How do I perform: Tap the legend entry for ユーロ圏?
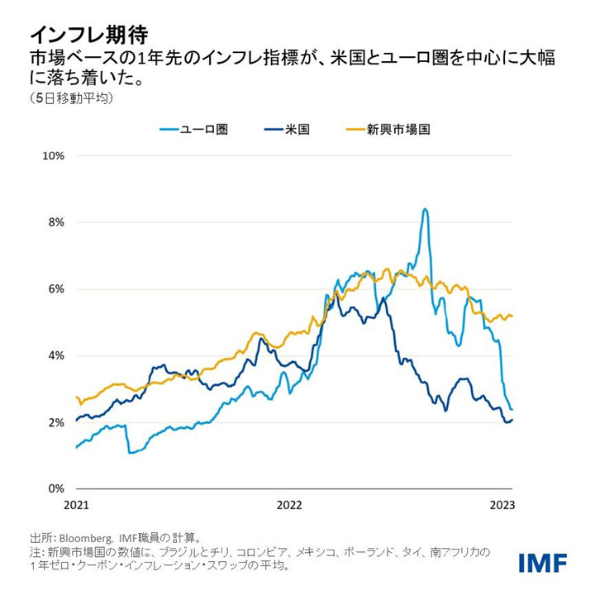(203, 129)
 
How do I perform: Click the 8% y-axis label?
(55, 222)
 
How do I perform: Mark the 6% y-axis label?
(55, 289)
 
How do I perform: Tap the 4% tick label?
(55, 355)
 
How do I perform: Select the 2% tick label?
(55, 422)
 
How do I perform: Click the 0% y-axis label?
(55, 489)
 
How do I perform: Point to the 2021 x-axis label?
(75, 504)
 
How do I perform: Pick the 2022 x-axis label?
(289, 504)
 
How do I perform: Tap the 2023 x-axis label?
(502, 504)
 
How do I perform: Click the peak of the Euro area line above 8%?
(424, 209)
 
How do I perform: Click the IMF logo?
(542, 563)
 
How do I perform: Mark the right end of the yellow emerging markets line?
(512, 316)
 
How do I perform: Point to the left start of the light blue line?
(76, 447)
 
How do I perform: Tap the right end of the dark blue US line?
(512, 420)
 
